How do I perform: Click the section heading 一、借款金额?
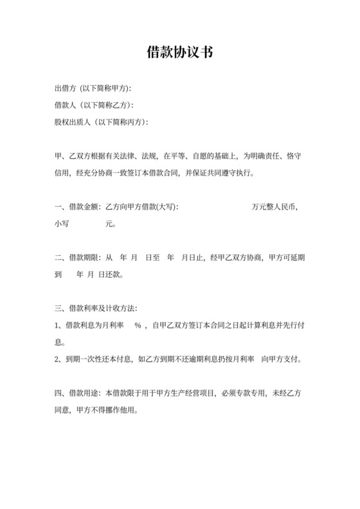[x=78, y=208]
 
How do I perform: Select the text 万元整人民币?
[x=274, y=208]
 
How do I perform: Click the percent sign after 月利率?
[x=138, y=326]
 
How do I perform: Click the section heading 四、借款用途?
[x=78, y=393]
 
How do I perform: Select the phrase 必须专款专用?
[x=245, y=393]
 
